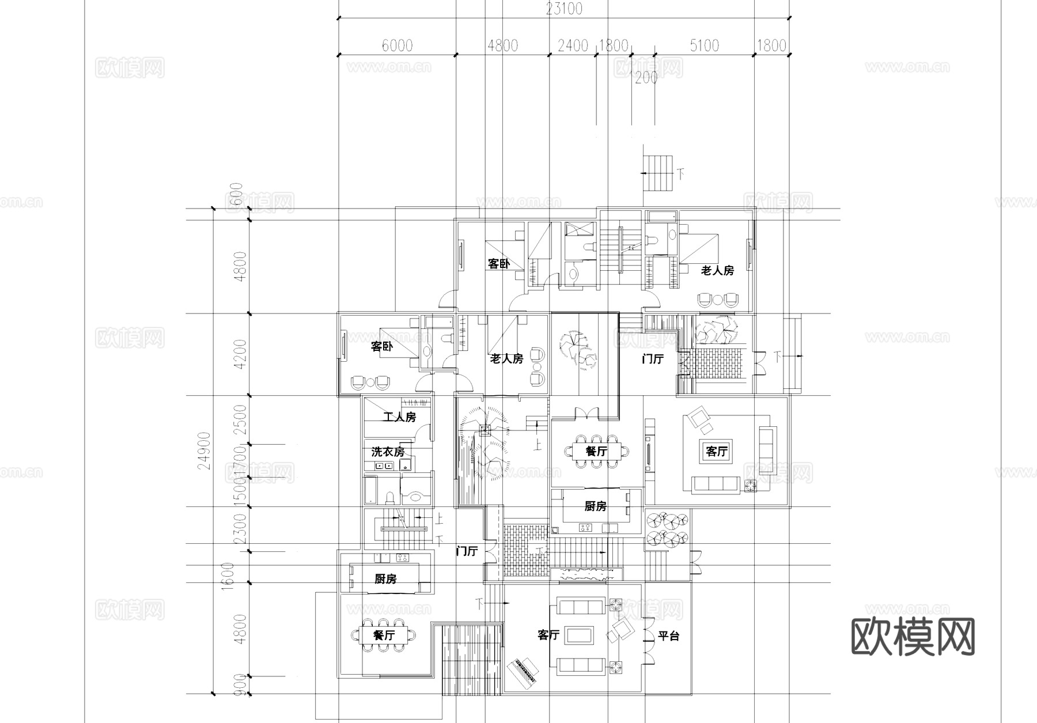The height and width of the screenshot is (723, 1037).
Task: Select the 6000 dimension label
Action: [x=397, y=46]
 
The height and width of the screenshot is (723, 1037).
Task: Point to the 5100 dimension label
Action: [x=704, y=46]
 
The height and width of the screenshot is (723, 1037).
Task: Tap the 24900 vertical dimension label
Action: [x=204, y=451]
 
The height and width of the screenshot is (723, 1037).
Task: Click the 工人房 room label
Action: [x=399, y=417]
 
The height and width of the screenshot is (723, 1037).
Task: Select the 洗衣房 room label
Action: [x=388, y=452]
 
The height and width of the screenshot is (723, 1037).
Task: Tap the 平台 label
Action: [x=669, y=636]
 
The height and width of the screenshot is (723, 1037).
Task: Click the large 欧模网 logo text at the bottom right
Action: [x=913, y=637]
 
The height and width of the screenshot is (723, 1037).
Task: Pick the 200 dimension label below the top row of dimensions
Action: [x=645, y=78]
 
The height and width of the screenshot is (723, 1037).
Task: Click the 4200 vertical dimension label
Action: [x=240, y=354]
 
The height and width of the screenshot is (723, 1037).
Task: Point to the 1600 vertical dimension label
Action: [x=228, y=574]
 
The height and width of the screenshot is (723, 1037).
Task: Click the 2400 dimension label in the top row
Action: [x=572, y=46]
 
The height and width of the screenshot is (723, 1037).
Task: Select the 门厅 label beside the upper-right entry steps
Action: [x=653, y=359]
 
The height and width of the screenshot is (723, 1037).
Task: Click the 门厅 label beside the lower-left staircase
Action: [x=467, y=551]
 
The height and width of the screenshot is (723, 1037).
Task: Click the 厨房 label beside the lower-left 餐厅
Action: [x=385, y=579]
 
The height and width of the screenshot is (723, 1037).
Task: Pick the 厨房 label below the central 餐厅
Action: [x=595, y=506]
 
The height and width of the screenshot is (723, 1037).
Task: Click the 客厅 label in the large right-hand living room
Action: [x=717, y=451]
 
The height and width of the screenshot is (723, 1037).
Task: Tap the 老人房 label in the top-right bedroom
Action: [x=717, y=270]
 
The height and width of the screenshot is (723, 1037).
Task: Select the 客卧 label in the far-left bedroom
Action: [x=381, y=347]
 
